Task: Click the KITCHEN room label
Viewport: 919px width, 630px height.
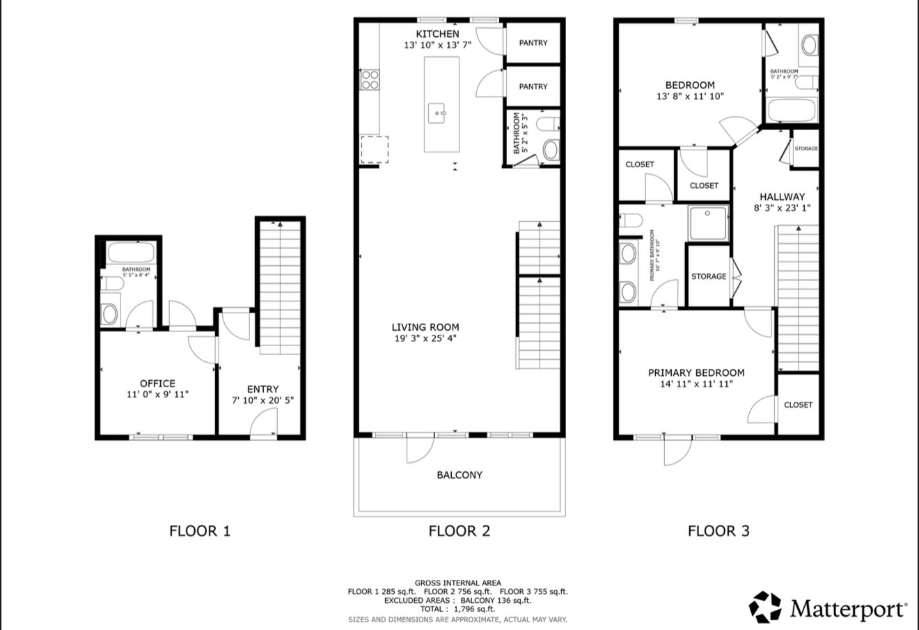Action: pyautogui.click(x=437, y=34)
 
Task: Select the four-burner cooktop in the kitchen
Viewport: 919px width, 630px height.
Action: pyautogui.click(x=370, y=80)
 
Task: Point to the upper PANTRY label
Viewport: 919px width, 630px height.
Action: pyautogui.click(x=533, y=43)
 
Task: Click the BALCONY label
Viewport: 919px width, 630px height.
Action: pyautogui.click(x=459, y=475)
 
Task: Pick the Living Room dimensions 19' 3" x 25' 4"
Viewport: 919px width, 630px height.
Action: pyautogui.click(x=425, y=339)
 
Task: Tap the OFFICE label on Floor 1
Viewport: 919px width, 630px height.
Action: pyautogui.click(x=157, y=384)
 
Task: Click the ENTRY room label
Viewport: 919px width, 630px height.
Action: pyautogui.click(x=262, y=389)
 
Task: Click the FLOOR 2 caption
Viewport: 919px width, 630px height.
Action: pyautogui.click(x=459, y=531)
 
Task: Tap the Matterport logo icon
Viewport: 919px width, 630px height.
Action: pyautogui.click(x=766, y=608)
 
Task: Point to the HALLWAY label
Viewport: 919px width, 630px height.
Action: pyautogui.click(x=782, y=197)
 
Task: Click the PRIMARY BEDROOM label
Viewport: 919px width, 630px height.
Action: pyautogui.click(x=696, y=373)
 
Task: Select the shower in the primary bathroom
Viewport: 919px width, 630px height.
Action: pyautogui.click(x=708, y=222)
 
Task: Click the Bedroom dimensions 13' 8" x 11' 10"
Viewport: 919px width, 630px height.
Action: pyautogui.click(x=690, y=97)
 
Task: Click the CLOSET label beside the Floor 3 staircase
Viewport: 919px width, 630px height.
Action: pyautogui.click(x=798, y=405)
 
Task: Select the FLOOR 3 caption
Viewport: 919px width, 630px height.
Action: pyautogui.click(x=718, y=531)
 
